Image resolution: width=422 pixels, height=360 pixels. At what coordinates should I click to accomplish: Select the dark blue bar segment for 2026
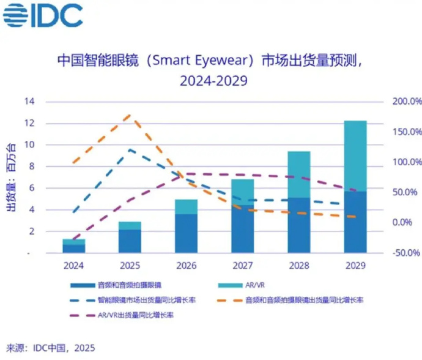point(186,233)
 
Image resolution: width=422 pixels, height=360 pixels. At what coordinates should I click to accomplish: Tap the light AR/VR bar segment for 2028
point(299,174)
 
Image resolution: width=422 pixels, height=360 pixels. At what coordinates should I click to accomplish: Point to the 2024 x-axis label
point(73,266)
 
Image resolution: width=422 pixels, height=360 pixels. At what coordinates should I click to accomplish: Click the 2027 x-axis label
point(242,266)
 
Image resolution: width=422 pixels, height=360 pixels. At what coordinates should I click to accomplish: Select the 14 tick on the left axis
point(29,102)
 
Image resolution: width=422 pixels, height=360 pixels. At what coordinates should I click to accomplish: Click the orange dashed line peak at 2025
point(129,114)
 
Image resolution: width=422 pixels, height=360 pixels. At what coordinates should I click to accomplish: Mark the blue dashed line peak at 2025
point(130,149)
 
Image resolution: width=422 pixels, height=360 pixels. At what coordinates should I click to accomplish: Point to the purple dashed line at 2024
point(73,240)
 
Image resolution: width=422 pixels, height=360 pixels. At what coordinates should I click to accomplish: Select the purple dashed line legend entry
point(122,315)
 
